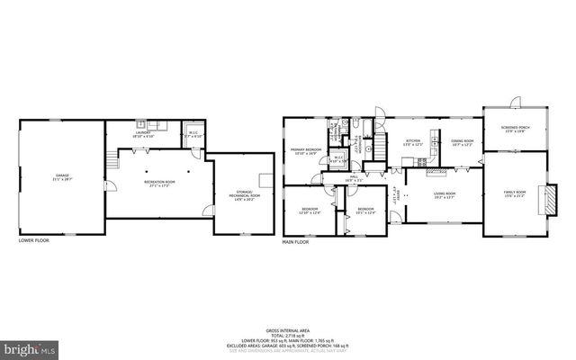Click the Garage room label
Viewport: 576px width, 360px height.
point(62,176)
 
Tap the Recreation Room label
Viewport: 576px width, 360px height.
point(158,184)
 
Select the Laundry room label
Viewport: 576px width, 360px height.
point(142,134)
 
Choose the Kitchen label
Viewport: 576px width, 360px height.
point(413,142)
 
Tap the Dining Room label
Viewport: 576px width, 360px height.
point(463,142)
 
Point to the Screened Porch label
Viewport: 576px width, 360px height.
point(515,129)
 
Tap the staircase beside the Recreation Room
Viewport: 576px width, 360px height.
point(114,162)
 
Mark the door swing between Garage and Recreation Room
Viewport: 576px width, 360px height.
point(112,186)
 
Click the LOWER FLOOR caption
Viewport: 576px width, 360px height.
point(34,240)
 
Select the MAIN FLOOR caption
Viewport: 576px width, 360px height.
point(295,242)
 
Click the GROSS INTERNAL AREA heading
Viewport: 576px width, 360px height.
point(289,330)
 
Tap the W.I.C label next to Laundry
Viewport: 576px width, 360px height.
point(193,135)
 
